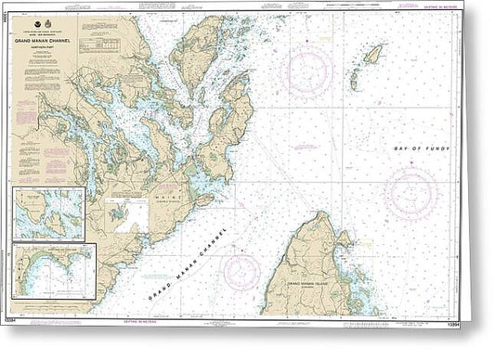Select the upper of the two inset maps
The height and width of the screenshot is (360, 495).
point(49,214)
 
